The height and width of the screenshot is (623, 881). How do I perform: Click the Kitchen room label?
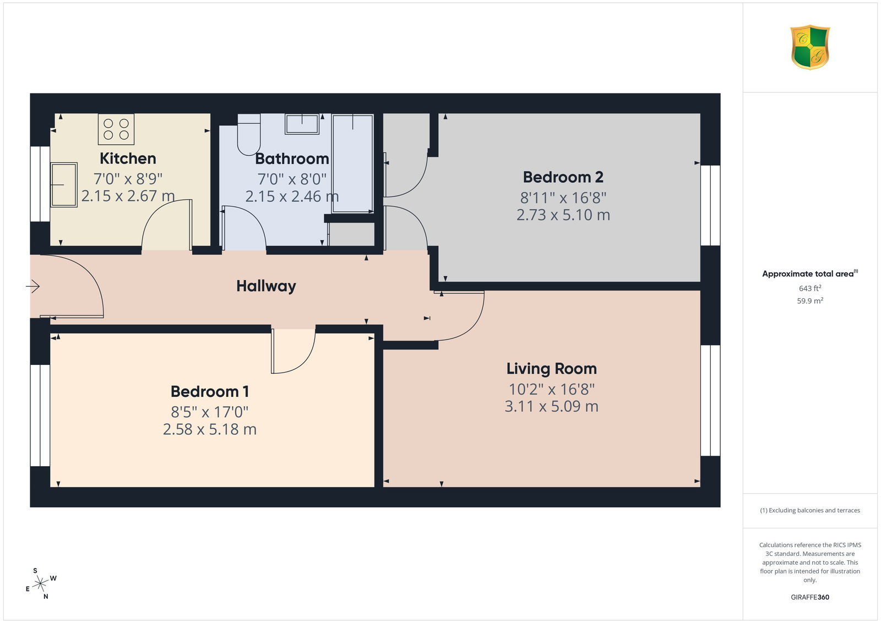click(x=128, y=159)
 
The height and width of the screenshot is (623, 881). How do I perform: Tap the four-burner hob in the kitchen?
click(x=116, y=129)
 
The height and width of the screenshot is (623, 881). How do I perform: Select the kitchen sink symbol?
click(x=64, y=185)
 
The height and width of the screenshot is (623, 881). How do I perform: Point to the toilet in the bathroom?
click(x=249, y=135)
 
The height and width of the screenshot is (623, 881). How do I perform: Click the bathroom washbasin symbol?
click(x=302, y=124)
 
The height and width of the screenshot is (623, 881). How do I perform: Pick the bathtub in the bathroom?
click(x=353, y=163)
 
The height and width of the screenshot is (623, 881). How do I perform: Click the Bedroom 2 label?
click(x=563, y=177)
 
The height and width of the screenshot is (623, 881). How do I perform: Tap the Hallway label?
click(x=267, y=286)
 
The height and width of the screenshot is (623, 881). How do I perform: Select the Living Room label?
click(x=551, y=369)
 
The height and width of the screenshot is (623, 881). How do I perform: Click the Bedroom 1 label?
click(x=210, y=391)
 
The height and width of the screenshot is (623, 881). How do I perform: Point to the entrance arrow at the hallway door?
click(x=33, y=286)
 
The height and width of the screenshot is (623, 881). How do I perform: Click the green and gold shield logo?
click(x=810, y=47)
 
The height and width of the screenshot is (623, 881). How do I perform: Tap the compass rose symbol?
click(x=41, y=584)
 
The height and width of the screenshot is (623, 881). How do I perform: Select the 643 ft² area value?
click(x=810, y=288)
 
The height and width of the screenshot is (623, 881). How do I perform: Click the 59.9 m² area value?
click(x=810, y=300)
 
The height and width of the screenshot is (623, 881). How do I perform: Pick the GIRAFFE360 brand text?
click(x=810, y=597)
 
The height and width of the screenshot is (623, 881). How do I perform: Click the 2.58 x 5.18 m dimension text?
click(x=210, y=429)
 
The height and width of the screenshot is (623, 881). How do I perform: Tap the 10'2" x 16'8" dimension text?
click(x=551, y=389)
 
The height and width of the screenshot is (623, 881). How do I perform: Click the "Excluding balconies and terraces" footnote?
click(x=810, y=510)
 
